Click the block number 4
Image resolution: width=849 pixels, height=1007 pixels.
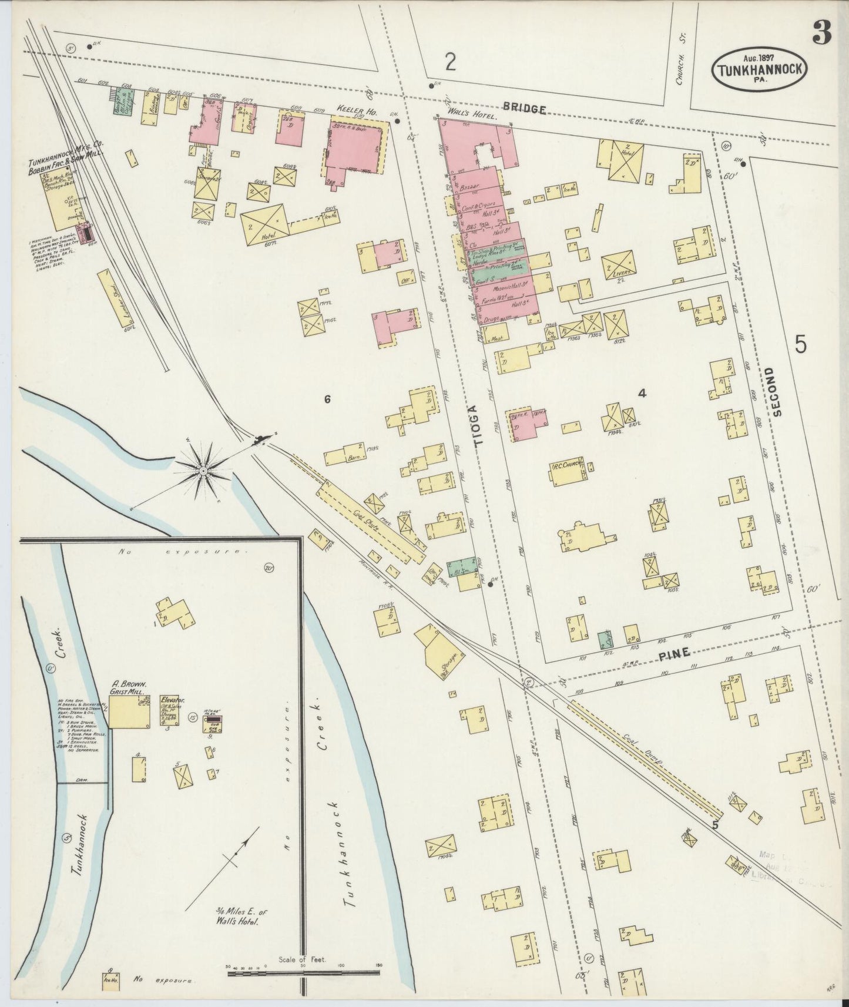(x=642, y=394)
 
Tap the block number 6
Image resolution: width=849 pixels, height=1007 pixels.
(x=327, y=400)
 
